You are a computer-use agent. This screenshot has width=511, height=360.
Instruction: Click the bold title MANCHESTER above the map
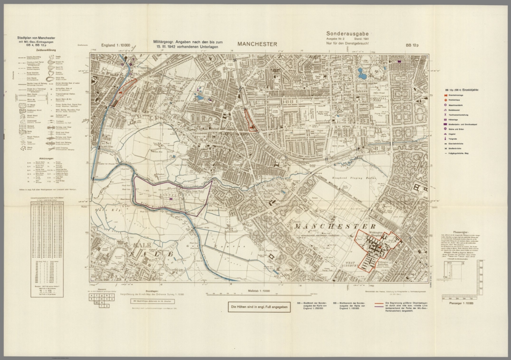(x=257, y=44)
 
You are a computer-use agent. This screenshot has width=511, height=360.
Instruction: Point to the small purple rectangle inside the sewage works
(x=171, y=198)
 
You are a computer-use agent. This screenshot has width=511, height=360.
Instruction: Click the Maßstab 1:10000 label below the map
(x=259, y=291)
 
